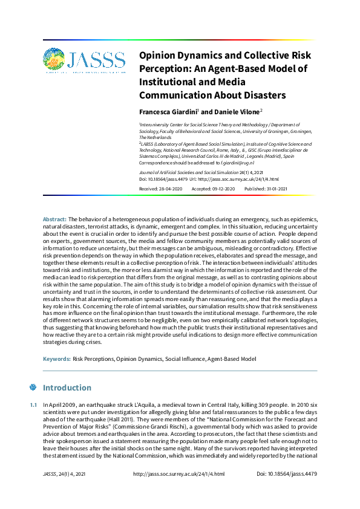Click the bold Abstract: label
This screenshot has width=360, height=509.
click(54, 218)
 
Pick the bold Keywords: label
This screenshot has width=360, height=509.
click(57, 359)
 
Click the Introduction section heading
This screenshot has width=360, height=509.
click(67, 387)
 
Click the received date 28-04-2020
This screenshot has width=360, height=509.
click(170, 189)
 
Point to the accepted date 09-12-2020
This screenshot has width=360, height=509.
click(221, 189)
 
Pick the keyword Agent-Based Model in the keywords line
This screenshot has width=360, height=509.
click(232, 359)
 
